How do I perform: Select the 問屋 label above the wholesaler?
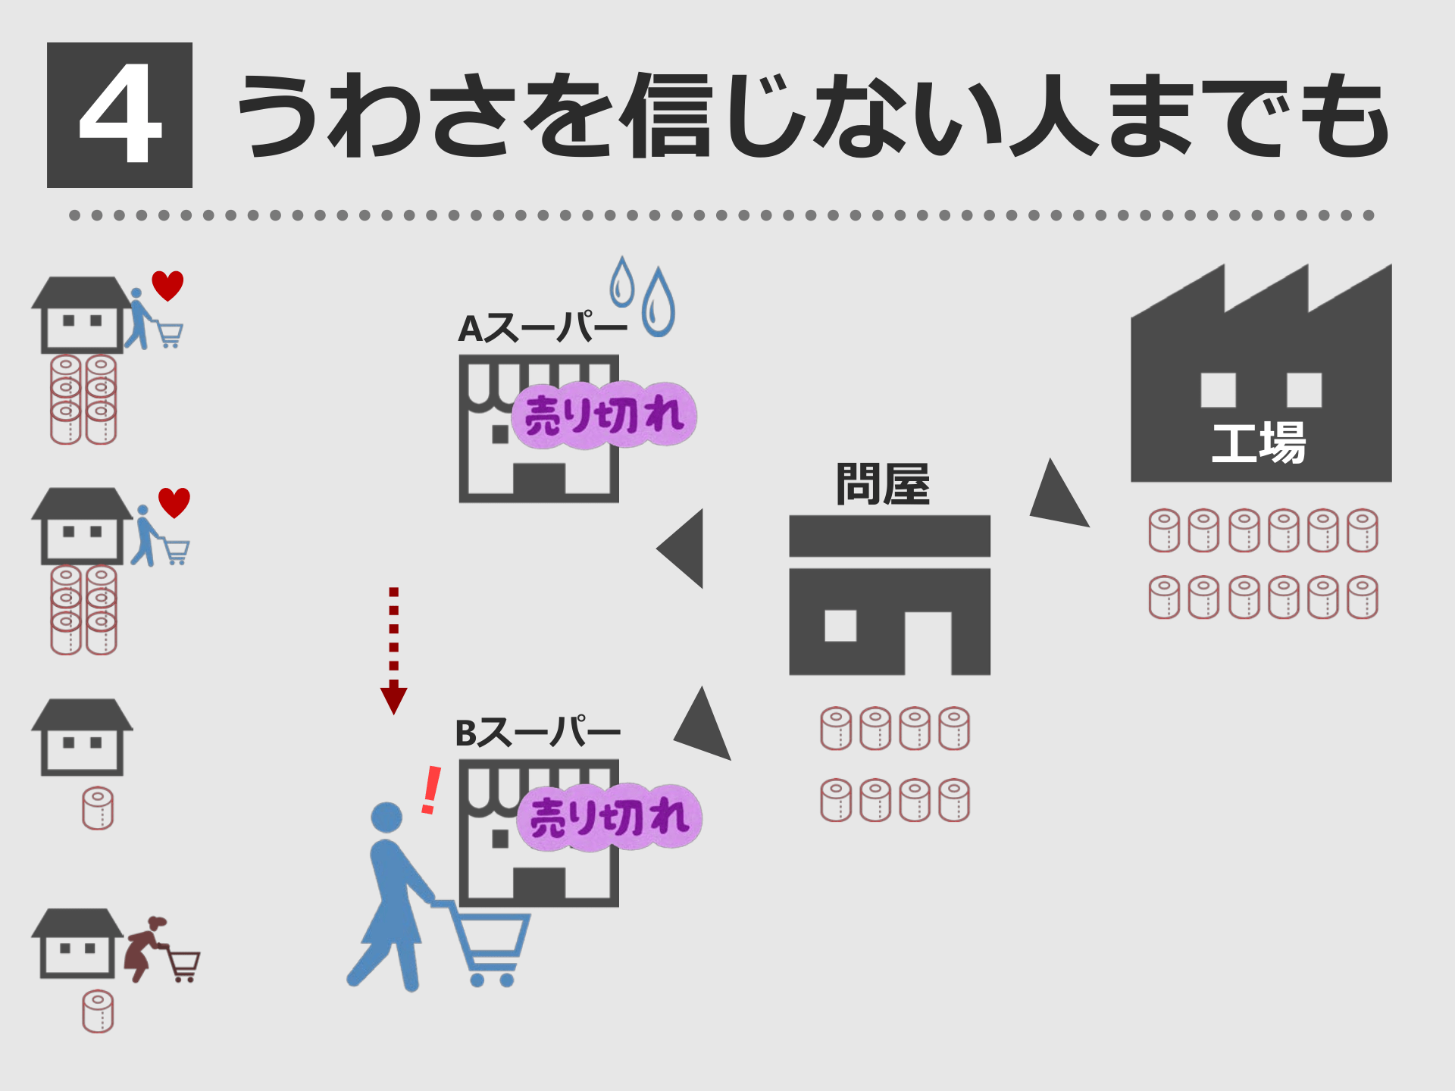tap(883, 484)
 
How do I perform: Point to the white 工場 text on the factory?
tap(1259, 443)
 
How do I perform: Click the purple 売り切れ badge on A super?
tap(604, 415)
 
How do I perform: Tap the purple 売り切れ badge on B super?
tap(609, 817)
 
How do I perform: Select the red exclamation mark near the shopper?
tap(431, 789)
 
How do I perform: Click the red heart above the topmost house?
tap(167, 285)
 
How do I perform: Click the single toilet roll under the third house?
tap(98, 808)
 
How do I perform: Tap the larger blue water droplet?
tap(658, 305)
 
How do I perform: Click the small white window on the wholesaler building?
tap(840, 626)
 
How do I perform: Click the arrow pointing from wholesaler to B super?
tap(704, 726)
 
